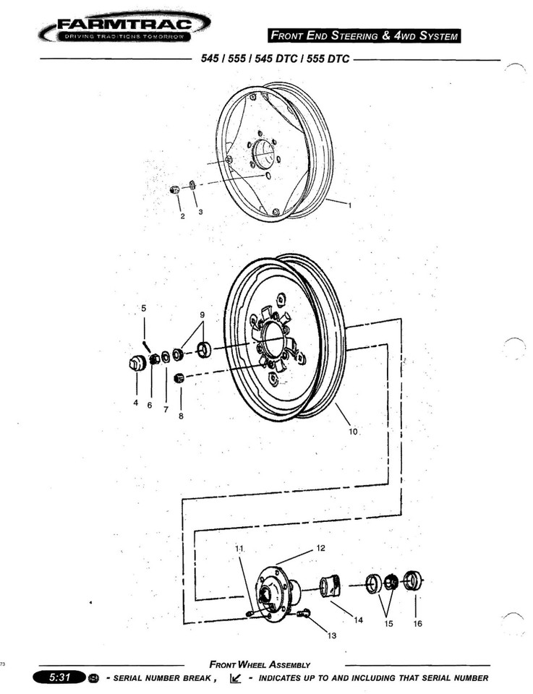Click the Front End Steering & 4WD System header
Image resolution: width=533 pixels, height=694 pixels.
point(364,35)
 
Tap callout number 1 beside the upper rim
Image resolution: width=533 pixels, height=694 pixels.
point(349,205)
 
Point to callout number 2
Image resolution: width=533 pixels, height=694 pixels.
point(182,215)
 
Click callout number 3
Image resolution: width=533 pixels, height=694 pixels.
point(200,213)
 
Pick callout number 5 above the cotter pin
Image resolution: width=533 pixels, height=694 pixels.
point(143,308)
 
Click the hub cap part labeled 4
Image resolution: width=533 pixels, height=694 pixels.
point(135,362)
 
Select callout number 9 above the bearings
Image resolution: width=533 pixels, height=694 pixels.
point(202,315)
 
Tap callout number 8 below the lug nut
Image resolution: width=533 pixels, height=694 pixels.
point(181,416)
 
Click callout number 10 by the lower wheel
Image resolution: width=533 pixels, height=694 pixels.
point(353,432)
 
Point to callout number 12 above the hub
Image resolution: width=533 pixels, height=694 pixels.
point(321,548)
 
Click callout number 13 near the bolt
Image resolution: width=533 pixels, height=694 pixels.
point(332,635)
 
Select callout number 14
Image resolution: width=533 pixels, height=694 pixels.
point(358,620)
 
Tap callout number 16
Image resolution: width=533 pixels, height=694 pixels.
point(417,624)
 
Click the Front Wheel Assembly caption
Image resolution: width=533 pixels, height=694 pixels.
point(260,664)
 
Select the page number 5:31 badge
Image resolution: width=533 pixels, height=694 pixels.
point(57,678)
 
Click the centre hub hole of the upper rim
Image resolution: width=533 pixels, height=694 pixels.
point(264,153)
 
